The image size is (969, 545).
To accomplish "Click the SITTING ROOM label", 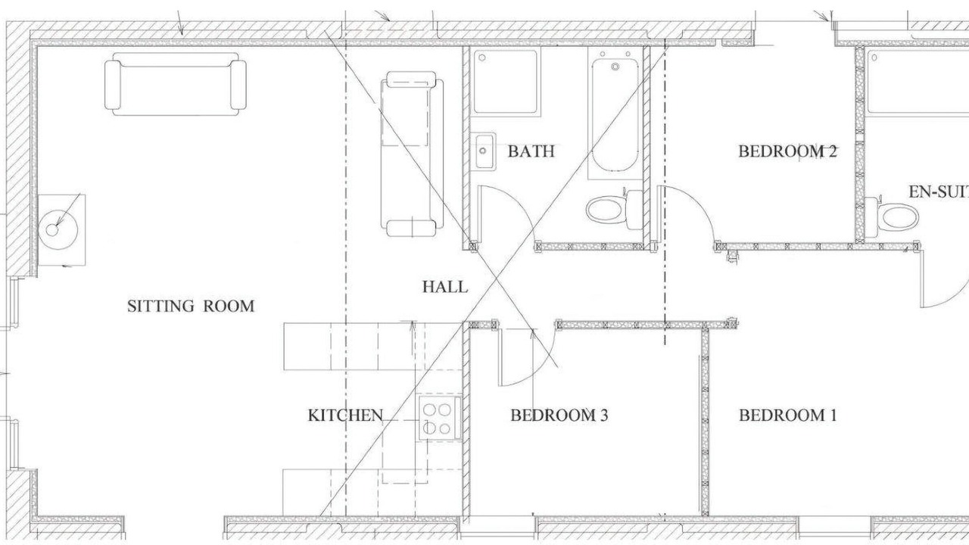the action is click(x=191, y=307).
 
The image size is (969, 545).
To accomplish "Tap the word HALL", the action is click(x=445, y=287).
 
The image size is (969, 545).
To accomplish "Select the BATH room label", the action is click(x=531, y=151).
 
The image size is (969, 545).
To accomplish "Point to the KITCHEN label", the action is click(x=345, y=416).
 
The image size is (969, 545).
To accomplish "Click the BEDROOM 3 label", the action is click(x=559, y=416).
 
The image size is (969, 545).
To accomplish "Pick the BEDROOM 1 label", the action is click(x=788, y=416).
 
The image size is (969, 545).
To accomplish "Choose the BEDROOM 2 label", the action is click(x=788, y=151).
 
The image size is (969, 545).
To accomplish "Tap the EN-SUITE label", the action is click(x=938, y=192).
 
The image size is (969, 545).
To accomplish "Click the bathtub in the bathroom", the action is click(x=615, y=114).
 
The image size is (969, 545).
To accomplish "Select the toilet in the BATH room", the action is click(x=614, y=210).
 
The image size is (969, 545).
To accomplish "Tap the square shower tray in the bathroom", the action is click(x=505, y=81).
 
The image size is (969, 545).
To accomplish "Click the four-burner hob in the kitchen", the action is click(x=438, y=419).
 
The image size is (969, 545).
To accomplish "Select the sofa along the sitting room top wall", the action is click(x=176, y=84).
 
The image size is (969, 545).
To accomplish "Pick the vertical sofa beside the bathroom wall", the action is click(x=412, y=154).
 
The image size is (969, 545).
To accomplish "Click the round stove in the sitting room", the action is click(x=58, y=229).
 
